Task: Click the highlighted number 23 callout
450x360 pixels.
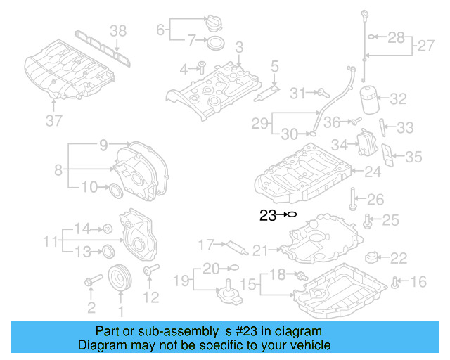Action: click(x=267, y=216)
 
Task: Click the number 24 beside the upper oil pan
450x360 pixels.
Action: click(x=373, y=171)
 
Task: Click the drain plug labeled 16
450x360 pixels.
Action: click(x=396, y=283)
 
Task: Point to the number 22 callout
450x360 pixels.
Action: click(x=398, y=259)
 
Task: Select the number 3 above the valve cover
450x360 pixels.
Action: click(x=239, y=47)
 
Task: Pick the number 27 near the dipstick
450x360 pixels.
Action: click(x=426, y=46)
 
